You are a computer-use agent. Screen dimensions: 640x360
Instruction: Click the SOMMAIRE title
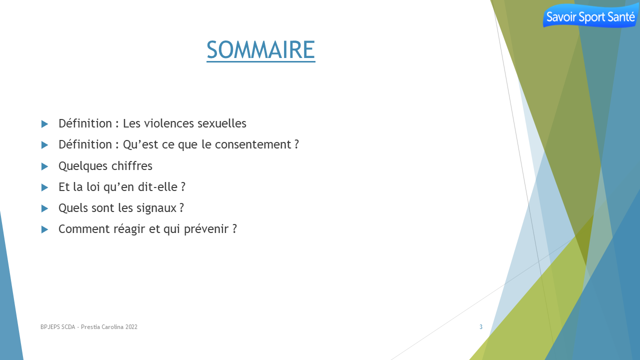[261, 50]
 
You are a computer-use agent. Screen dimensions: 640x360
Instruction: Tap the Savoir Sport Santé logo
[590, 16]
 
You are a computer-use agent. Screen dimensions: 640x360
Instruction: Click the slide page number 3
[481, 327]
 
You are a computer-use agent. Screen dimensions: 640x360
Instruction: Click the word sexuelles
[222, 123]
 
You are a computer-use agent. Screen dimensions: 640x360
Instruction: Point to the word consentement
[253, 144]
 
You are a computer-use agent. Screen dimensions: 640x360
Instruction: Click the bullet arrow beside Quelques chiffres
[44, 166]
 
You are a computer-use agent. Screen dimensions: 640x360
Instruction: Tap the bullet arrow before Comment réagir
[44, 229]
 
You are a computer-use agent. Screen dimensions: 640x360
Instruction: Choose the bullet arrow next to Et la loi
[44, 187]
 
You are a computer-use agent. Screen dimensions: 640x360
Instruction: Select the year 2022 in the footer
[131, 327]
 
